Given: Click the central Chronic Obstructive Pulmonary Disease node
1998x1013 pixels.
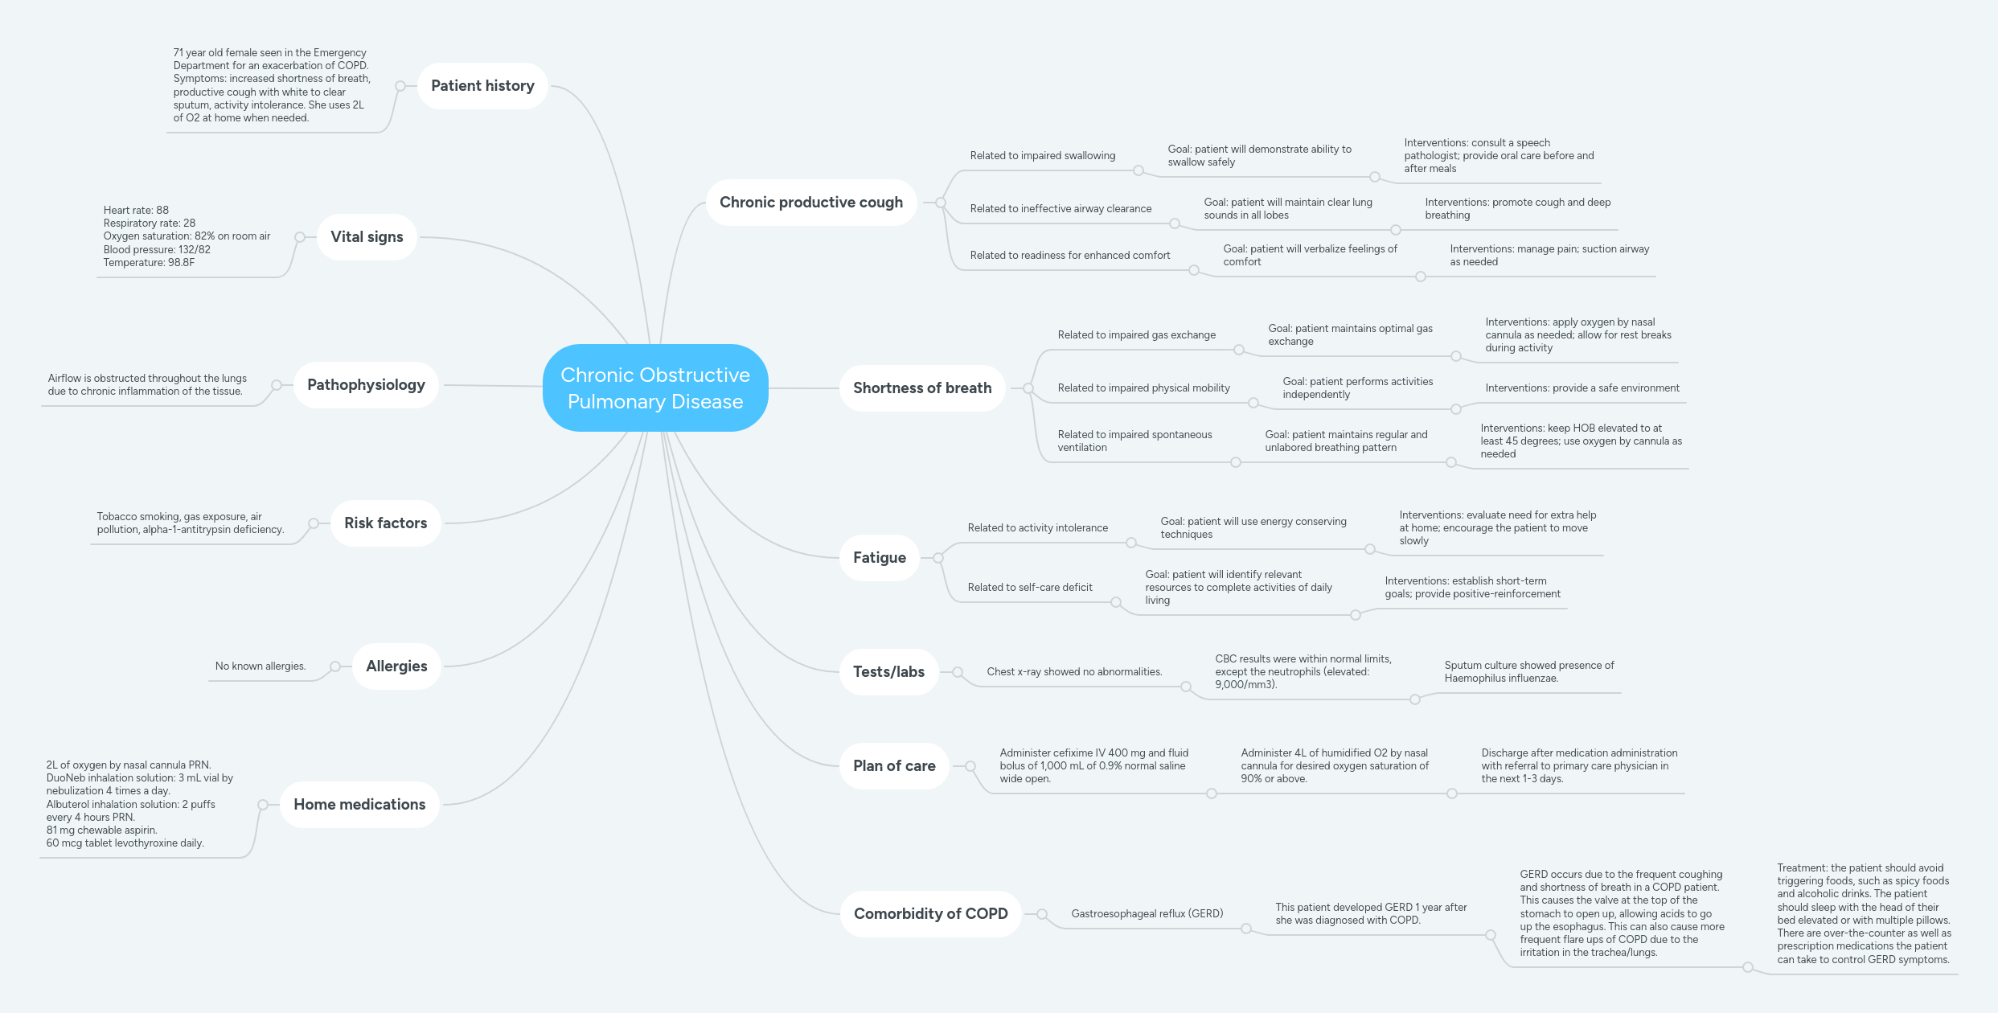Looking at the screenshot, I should coord(655,388).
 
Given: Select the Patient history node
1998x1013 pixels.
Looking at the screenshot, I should coord(482,86).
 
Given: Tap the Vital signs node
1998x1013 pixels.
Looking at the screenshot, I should coord(367,237).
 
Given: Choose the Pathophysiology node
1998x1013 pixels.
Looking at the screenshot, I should coord(366,385).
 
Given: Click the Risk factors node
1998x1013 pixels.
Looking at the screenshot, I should coord(385,523).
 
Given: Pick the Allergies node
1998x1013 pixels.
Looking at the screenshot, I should coord(396,666).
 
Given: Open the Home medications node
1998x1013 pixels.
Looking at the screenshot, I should coord(359,805).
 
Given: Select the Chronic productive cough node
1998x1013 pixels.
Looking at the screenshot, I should coord(810,203).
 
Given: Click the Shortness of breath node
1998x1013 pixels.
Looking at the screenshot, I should coord(921,388).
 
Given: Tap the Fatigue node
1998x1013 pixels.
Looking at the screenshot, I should coord(879,558).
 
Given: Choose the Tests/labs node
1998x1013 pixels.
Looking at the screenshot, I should coord(888,672).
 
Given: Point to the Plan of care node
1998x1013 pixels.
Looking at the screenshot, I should coord(894,766).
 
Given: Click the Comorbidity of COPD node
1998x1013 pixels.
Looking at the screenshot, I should coord(930,914).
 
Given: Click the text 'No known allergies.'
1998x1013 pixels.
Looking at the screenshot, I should coord(261,666).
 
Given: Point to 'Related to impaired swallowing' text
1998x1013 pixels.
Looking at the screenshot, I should coord(1042,156).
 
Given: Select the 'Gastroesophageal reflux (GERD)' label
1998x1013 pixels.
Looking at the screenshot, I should coord(1147,914).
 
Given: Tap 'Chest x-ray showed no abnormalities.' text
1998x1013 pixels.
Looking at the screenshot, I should coord(1074,672).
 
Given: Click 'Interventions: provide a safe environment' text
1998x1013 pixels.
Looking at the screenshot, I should coord(1582,388).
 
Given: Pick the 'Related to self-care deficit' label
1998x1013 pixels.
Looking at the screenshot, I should coord(1030,588).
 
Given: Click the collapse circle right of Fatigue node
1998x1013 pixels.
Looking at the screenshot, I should coord(938,558).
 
